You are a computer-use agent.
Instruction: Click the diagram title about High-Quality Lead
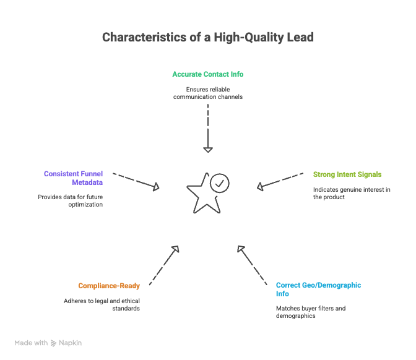pyautogui.click(x=208, y=38)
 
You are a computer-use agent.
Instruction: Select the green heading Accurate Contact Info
pyautogui.click(x=208, y=74)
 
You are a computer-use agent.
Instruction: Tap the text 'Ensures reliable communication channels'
pyautogui.click(x=208, y=93)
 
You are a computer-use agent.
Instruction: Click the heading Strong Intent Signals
pyautogui.click(x=347, y=174)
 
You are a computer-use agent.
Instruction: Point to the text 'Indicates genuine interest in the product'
pyautogui.click(x=351, y=193)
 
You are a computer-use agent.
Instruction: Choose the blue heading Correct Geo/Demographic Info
pyautogui.click(x=318, y=289)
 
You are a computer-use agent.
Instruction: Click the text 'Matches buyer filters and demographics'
pyautogui.click(x=310, y=311)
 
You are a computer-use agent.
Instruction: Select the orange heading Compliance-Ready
pyautogui.click(x=109, y=286)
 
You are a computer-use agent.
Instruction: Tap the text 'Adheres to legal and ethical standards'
pyautogui.click(x=102, y=304)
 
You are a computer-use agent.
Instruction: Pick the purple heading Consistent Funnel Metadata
pyautogui.click(x=73, y=178)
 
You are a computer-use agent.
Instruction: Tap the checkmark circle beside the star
pyautogui.click(x=220, y=183)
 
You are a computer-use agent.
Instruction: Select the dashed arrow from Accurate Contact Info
pyautogui.click(x=208, y=127)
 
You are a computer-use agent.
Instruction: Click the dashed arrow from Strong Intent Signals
pyautogui.click(x=279, y=181)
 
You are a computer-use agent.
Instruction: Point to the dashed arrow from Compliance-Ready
pyautogui.click(x=164, y=265)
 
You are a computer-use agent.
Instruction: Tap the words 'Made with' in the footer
pyautogui.click(x=31, y=343)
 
